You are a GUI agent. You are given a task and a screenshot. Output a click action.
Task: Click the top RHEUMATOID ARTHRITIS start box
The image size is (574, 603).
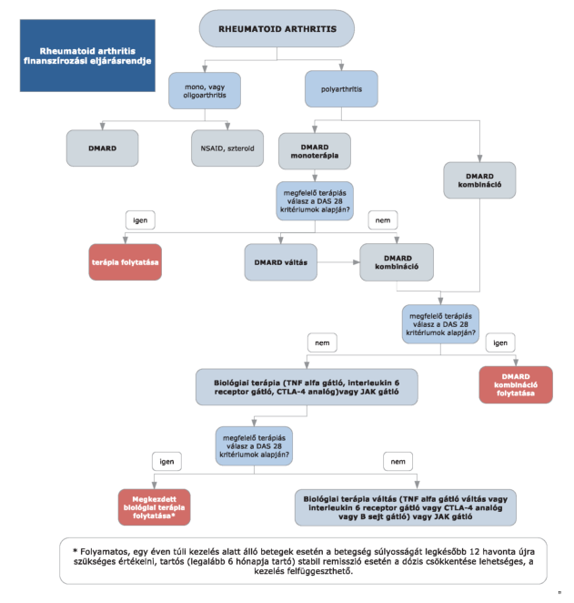pyautogui.click(x=277, y=29)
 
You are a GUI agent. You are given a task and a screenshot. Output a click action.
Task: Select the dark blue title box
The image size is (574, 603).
pyautogui.click(x=87, y=56)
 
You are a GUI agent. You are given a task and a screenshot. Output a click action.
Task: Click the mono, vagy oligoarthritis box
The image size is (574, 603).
pyautogui.click(x=205, y=91)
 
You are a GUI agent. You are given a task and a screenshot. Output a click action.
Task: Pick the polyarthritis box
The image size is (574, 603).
pyautogui.click(x=341, y=89)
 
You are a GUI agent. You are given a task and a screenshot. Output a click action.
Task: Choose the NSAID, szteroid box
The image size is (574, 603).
pyautogui.click(x=227, y=148)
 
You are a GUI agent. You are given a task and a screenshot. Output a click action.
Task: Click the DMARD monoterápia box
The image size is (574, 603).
pyautogui.click(x=315, y=151)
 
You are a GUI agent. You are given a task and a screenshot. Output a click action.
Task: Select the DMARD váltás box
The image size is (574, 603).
pyautogui.click(x=281, y=262)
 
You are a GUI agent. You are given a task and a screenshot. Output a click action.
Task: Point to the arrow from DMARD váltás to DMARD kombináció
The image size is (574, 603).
pyautogui.click(x=338, y=262)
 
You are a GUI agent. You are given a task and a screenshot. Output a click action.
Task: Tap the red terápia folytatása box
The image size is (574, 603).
pyautogui.click(x=126, y=262)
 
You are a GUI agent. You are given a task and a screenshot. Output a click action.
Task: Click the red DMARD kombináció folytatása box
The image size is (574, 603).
pyautogui.click(x=516, y=384)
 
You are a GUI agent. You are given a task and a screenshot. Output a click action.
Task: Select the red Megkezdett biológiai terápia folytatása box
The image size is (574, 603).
pyautogui.click(x=154, y=507)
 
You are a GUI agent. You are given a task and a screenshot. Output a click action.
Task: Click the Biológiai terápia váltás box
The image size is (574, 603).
pyautogui.click(x=406, y=507)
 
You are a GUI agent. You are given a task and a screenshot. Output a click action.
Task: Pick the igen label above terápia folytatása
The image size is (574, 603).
pyautogui.click(x=140, y=220)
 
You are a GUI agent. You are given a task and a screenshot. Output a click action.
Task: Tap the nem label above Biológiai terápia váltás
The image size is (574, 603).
pyautogui.click(x=398, y=462)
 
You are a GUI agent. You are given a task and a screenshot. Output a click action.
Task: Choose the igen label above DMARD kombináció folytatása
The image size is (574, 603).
pyautogui.click(x=500, y=342)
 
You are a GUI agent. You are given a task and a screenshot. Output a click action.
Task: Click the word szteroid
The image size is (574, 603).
pyautogui.click(x=240, y=148)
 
